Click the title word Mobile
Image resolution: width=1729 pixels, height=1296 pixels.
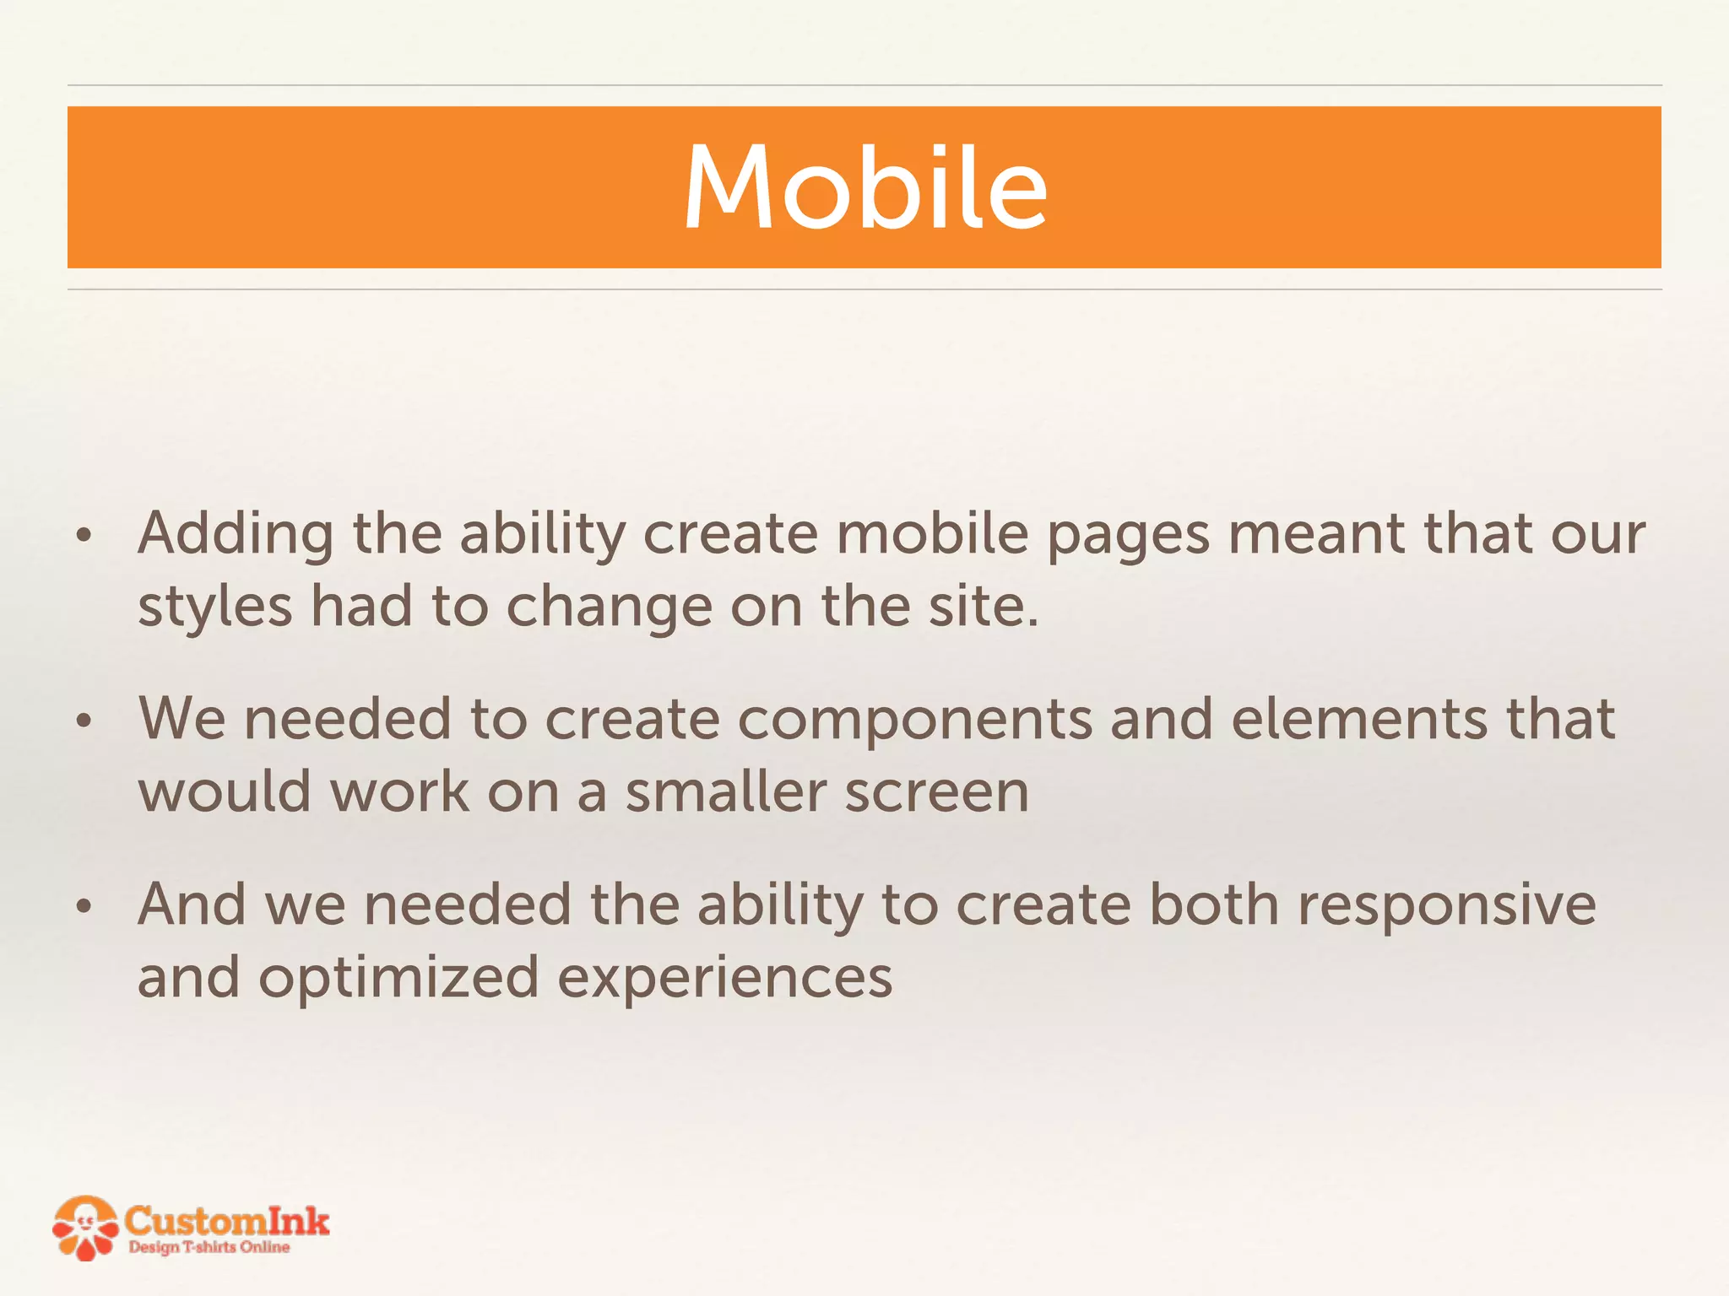pos(864,187)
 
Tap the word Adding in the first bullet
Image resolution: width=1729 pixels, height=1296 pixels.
pos(236,534)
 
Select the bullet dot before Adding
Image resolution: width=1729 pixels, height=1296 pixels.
pos(83,536)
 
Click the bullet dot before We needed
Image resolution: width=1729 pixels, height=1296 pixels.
pos(83,721)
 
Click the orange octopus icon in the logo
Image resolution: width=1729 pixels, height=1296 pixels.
pos(84,1228)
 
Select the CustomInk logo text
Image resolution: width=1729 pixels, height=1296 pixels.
pos(226,1220)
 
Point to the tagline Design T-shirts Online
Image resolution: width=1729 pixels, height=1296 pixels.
pos(209,1247)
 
